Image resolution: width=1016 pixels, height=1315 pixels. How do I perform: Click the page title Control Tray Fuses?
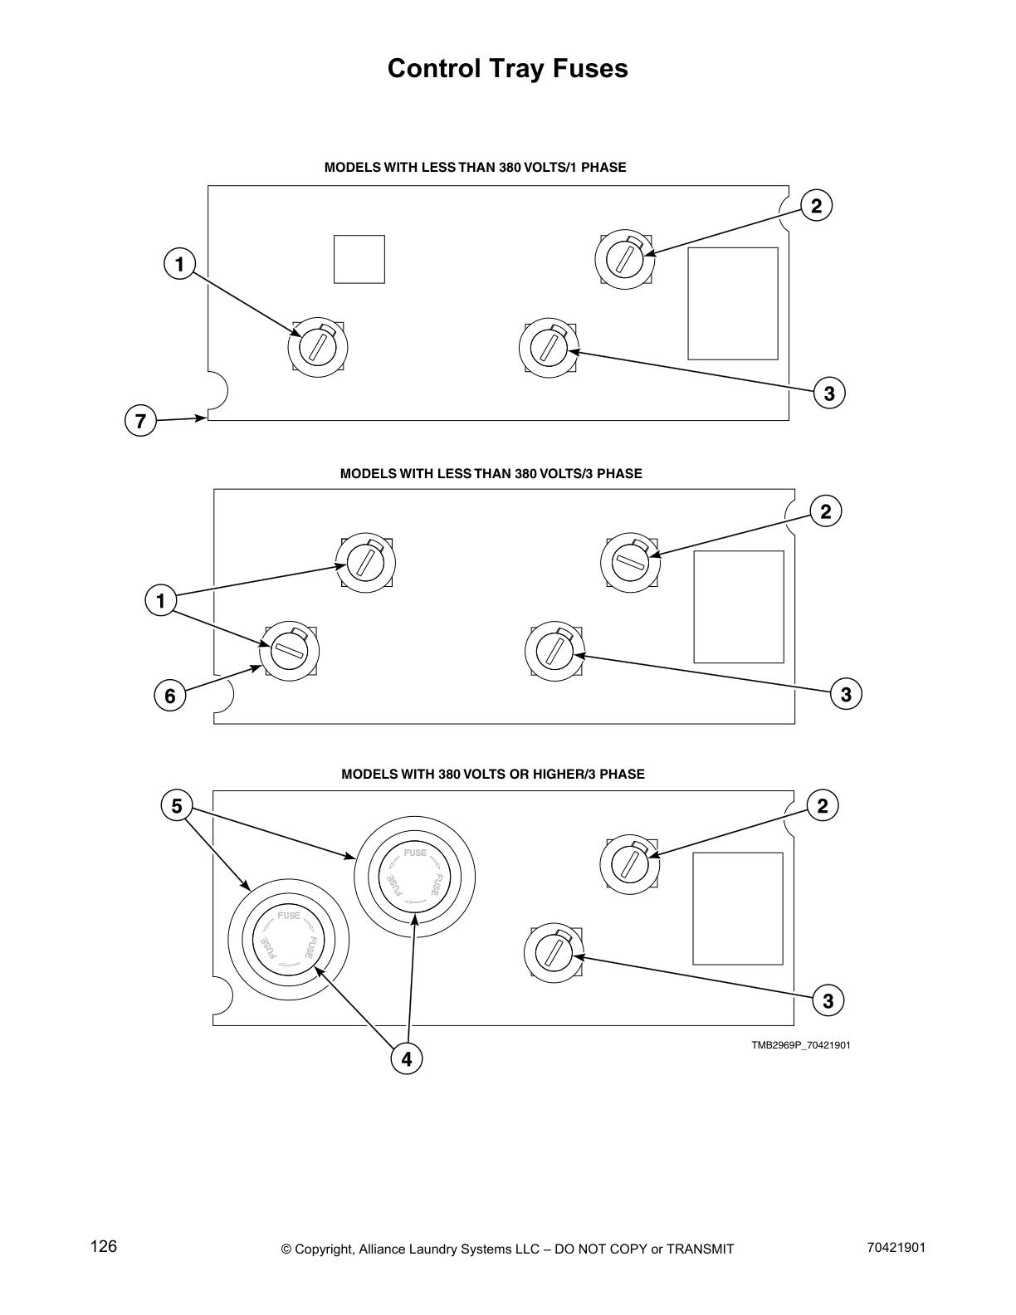point(507,68)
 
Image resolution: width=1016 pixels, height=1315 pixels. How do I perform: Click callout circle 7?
point(140,422)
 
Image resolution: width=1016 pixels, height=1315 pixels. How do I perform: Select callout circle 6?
point(170,696)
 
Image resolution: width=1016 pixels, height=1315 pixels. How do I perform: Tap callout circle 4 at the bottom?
point(406,1059)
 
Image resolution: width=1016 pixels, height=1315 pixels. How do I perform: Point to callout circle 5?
point(177,806)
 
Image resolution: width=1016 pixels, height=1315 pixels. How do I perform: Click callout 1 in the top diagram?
point(179,265)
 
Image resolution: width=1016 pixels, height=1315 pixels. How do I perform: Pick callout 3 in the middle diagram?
point(846,694)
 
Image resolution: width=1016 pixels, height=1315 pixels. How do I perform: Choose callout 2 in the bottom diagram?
point(823,806)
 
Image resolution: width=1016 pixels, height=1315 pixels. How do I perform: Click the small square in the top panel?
point(359,259)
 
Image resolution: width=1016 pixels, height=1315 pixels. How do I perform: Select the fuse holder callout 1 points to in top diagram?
point(317,346)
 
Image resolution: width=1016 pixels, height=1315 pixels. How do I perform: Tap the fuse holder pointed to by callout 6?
point(290,651)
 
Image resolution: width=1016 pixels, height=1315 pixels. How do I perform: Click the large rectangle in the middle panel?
point(739,607)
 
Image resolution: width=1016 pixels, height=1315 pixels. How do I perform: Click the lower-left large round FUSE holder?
point(289,941)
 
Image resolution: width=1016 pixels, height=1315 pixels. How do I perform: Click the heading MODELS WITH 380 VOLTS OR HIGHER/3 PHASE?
point(493,774)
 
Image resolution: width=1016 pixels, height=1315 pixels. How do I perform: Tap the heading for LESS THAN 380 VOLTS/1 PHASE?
point(475,167)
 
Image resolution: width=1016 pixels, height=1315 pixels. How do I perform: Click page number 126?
point(104,1247)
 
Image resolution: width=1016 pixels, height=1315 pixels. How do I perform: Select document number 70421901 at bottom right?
point(896,1248)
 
